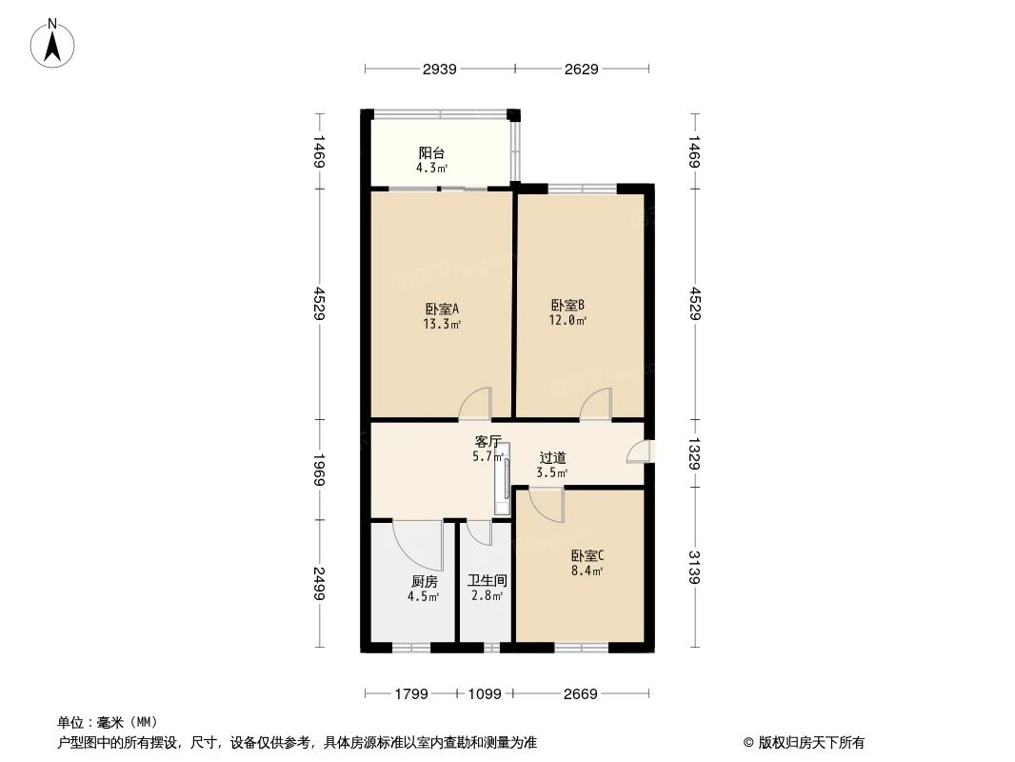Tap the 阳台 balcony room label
431,152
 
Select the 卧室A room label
442,309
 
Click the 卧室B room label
567,305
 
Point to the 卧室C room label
587,555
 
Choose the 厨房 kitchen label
424,581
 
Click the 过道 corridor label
552,457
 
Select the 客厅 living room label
488,442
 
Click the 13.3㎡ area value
442,324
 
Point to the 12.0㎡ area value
567,320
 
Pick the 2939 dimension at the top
439,69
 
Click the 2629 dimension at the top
581,69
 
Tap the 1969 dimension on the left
320,471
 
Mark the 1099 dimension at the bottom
484,694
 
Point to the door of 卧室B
597,405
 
